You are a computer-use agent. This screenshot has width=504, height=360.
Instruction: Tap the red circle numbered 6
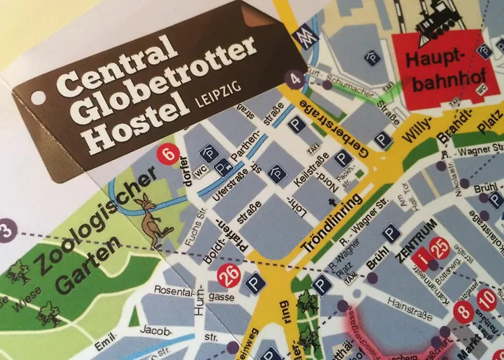[168, 153]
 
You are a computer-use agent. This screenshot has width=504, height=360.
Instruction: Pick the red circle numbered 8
[464, 312]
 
